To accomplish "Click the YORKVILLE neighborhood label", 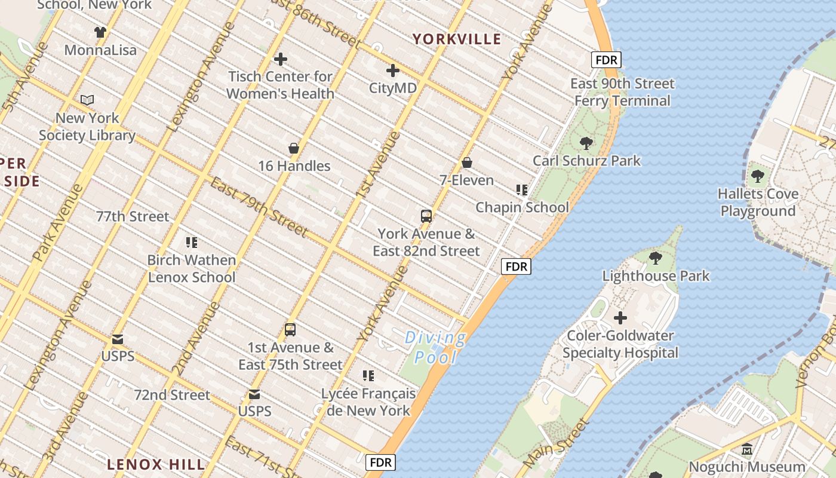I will tap(457, 39).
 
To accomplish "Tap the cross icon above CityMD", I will tap(392, 71).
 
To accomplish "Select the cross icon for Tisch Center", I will tap(280, 59).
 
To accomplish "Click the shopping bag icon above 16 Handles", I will tap(294, 148).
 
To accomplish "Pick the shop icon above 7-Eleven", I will tap(467, 163).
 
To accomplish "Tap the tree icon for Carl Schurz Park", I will tap(586, 143).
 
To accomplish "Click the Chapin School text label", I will tap(522, 207).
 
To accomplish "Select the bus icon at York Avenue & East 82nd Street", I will tap(426, 216).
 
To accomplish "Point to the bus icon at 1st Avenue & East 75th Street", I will tap(290, 330).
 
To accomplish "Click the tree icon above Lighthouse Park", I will tap(655, 258).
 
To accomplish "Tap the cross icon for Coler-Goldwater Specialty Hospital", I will tap(620, 318).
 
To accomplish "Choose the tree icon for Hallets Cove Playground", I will tap(757, 176).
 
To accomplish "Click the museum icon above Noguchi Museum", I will tap(746, 449).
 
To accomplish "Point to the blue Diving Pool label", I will tap(436, 348).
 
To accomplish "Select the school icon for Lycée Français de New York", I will tap(368, 376).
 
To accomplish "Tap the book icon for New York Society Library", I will tap(87, 100).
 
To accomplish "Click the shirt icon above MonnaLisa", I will tap(100, 32).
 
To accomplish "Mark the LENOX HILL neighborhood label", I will tap(156, 464).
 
